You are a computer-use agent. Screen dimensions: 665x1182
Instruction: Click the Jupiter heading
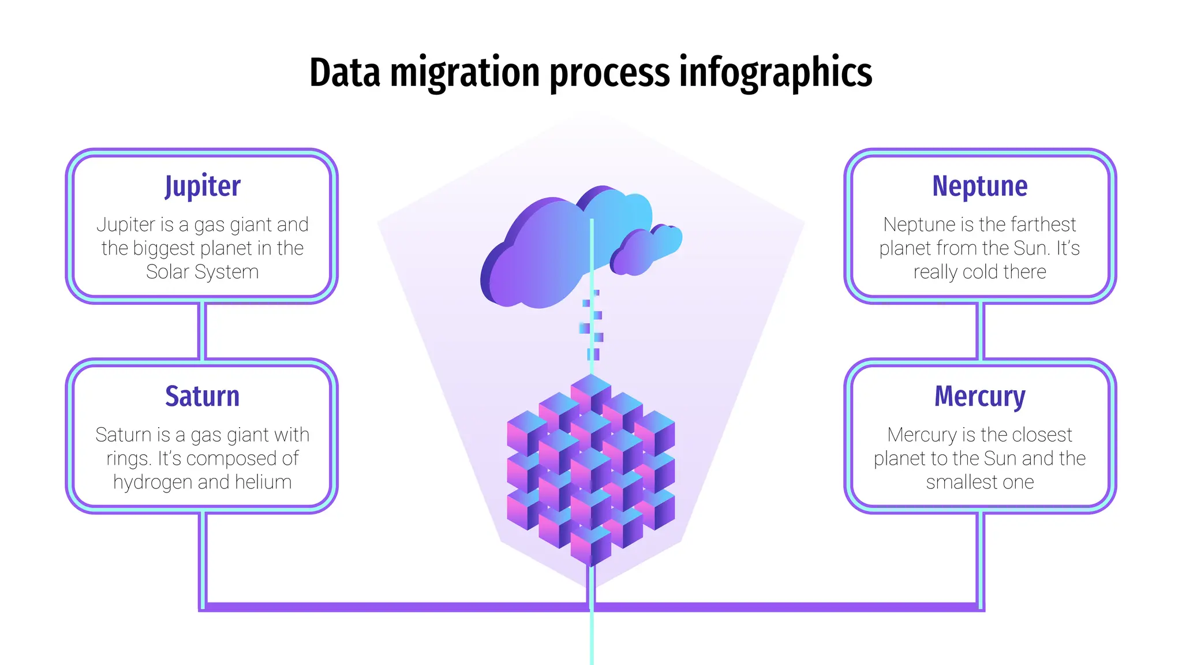tap(202, 186)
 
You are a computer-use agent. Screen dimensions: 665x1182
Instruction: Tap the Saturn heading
tap(202, 397)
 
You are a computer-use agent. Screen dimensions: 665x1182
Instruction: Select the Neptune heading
tap(979, 186)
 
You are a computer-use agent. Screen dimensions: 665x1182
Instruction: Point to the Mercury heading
tap(979, 397)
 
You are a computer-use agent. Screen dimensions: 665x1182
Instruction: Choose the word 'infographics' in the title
tap(775, 73)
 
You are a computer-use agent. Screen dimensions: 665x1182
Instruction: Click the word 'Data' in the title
tap(345, 73)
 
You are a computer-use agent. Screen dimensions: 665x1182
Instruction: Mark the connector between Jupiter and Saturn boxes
tap(202, 331)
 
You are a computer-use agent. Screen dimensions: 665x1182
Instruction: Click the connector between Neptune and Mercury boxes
tap(979, 331)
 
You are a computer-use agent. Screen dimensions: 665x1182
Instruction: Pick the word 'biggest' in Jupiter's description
tap(164, 248)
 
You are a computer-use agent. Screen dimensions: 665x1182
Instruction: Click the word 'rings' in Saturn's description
tap(128, 458)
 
